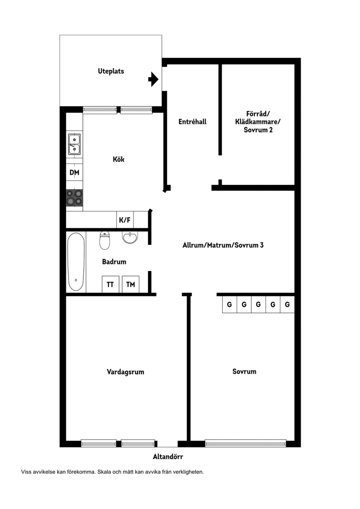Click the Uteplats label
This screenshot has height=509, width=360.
pos(111,72)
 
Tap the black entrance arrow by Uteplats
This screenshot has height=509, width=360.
pos(153,79)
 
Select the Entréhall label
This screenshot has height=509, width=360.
pos(192,122)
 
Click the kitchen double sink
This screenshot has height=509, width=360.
pos(75,144)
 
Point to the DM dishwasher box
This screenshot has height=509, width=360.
pos(75,173)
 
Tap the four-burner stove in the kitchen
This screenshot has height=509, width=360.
pos(75,198)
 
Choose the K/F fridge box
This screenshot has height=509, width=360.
pos(125,220)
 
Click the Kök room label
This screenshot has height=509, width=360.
pos(119,159)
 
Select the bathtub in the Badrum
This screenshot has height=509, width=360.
pos(76,262)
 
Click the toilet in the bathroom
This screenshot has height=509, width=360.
pos(105,240)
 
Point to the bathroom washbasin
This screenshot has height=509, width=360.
pos(130,237)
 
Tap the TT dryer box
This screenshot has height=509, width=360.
pos(110,284)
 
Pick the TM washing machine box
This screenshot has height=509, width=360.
pos(130,284)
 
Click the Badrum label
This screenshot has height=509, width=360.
pos(114,262)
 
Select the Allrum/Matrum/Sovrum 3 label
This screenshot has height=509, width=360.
pos(223,245)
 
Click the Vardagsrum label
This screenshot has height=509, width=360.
pos(125,372)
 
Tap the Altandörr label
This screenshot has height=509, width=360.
pos(168,457)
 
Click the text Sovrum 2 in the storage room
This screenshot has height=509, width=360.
pos(258,130)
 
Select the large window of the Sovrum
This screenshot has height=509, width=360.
pos(246,443)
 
